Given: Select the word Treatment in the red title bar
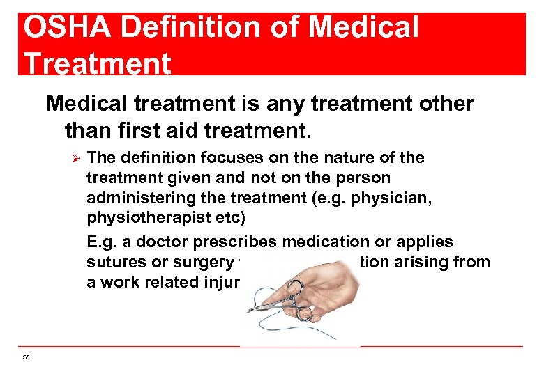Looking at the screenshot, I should pos(97,63).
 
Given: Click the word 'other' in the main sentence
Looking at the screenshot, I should pos(441,104).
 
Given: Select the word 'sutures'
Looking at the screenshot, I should pos(112,262).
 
